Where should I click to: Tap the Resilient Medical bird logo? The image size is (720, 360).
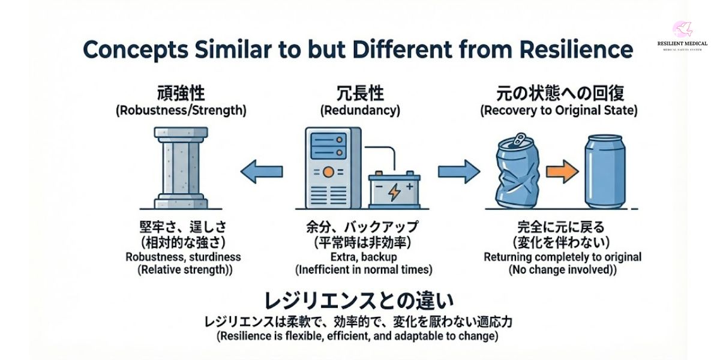(682, 29)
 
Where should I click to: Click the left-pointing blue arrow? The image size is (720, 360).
(262, 172)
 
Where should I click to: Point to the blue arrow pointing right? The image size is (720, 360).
(458, 172)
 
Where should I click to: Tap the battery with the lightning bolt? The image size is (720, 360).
(394, 190)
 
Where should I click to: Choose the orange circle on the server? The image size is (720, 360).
(328, 172)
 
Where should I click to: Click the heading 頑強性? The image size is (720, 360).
(181, 94)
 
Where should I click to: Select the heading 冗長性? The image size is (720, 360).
(360, 94)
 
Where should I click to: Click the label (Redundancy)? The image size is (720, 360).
(360, 110)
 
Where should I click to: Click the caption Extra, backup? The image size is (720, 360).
(360, 257)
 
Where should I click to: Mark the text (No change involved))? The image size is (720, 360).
(562, 270)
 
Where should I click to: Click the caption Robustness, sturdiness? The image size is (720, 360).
(183, 257)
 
